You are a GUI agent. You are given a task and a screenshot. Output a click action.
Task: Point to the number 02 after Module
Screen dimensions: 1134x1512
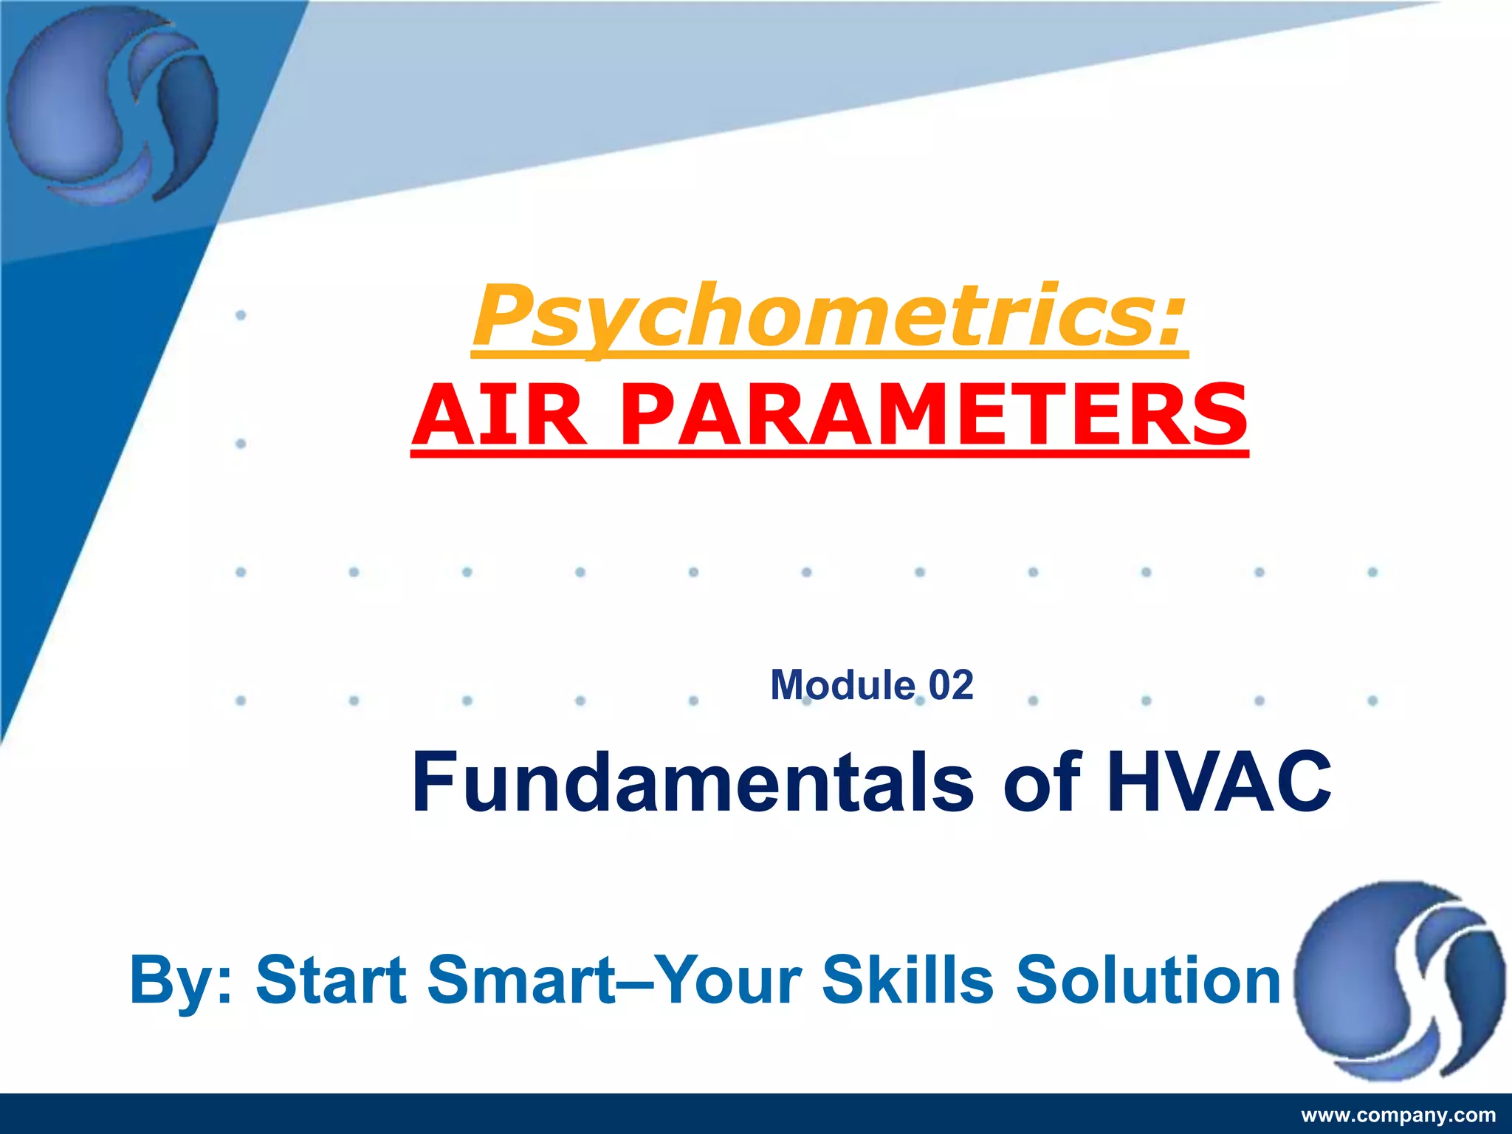pos(951,685)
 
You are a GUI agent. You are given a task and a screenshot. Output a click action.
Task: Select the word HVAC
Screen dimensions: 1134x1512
pos(1218,781)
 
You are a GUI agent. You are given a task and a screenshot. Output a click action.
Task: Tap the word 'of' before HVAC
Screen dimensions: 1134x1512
pos(1042,781)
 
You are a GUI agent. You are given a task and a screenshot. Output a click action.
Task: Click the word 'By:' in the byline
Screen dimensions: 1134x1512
pos(182,980)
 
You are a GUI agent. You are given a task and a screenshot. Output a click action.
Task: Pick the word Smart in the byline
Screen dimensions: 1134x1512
pos(521,980)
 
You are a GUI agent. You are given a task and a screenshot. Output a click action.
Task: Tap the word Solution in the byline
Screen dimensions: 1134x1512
pos(1148,980)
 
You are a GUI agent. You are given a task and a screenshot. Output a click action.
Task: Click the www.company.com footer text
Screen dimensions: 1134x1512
pos(1398,1115)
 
